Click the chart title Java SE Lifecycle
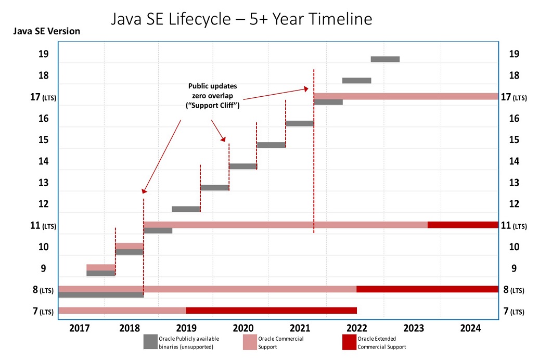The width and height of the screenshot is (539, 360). coord(242,20)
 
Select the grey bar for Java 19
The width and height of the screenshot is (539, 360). coord(385,59)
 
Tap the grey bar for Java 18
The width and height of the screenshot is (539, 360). coord(356,80)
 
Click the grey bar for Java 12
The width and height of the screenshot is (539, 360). coord(186,209)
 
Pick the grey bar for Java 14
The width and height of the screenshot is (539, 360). coord(243,166)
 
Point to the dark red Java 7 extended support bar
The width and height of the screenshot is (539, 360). coord(271,311)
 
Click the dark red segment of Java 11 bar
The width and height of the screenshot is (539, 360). coord(463,225)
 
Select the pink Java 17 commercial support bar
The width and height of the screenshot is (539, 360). coord(406,96)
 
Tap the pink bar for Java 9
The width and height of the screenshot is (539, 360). coord(100,267)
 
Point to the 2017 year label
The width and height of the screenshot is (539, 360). coord(79,328)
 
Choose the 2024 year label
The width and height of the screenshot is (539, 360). coord(470,328)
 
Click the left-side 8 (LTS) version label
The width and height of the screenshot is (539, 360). coord(43,290)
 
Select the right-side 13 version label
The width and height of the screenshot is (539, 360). coord(514,183)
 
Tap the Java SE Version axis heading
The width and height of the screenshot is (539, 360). coord(46,31)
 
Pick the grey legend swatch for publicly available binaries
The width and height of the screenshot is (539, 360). coord(150,342)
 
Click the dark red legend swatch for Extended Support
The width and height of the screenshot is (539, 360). coord(349,342)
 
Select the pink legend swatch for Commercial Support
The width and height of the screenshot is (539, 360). coord(250,342)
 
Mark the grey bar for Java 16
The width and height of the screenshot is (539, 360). coord(300,123)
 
